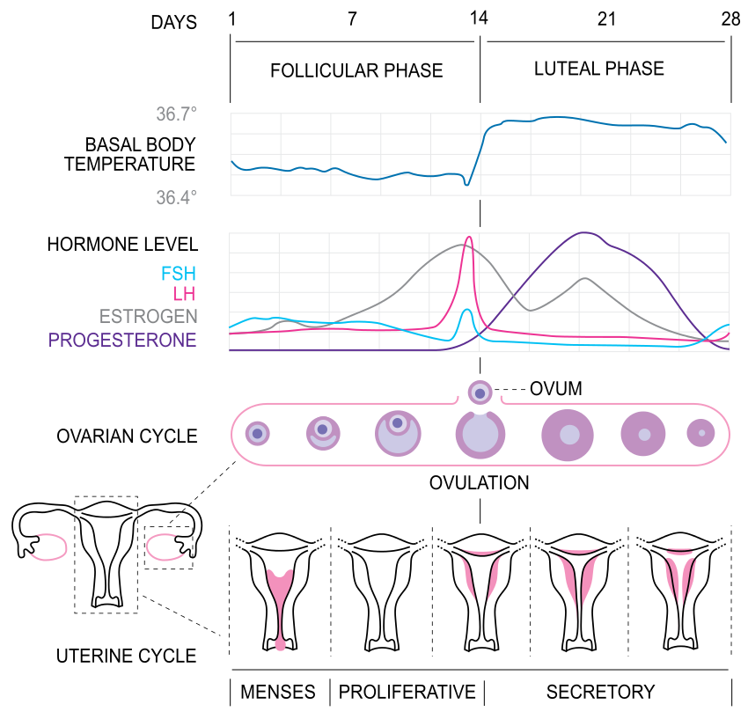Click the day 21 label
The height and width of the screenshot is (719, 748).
click(x=606, y=19)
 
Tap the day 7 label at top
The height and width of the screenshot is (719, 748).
click(x=352, y=19)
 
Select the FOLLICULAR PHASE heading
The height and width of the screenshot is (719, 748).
click(x=356, y=70)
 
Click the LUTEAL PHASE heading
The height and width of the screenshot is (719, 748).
click(x=599, y=68)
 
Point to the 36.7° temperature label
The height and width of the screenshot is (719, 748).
click(x=176, y=114)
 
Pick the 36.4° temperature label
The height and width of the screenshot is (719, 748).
click(x=176, y=197)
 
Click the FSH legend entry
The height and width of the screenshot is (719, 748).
click(x=180, y=273)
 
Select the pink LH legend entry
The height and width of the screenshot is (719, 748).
click(x=185, y=294)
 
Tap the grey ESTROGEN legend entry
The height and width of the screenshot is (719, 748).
click(x=148, y=316)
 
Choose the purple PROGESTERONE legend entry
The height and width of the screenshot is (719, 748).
click(x=122, y=340)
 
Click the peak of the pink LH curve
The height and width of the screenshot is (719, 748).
click(x=469, y=237)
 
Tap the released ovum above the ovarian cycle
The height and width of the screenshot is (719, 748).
click(x=480, y=392)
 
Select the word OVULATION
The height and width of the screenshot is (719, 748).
click(x=480, y=483)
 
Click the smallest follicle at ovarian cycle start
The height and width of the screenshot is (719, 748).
click(x=258, y=433)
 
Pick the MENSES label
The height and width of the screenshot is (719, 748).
click(x=278, y=692)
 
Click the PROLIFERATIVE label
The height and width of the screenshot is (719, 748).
click(x=407, y=692)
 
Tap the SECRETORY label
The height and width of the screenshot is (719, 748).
click(x=601, y=692)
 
